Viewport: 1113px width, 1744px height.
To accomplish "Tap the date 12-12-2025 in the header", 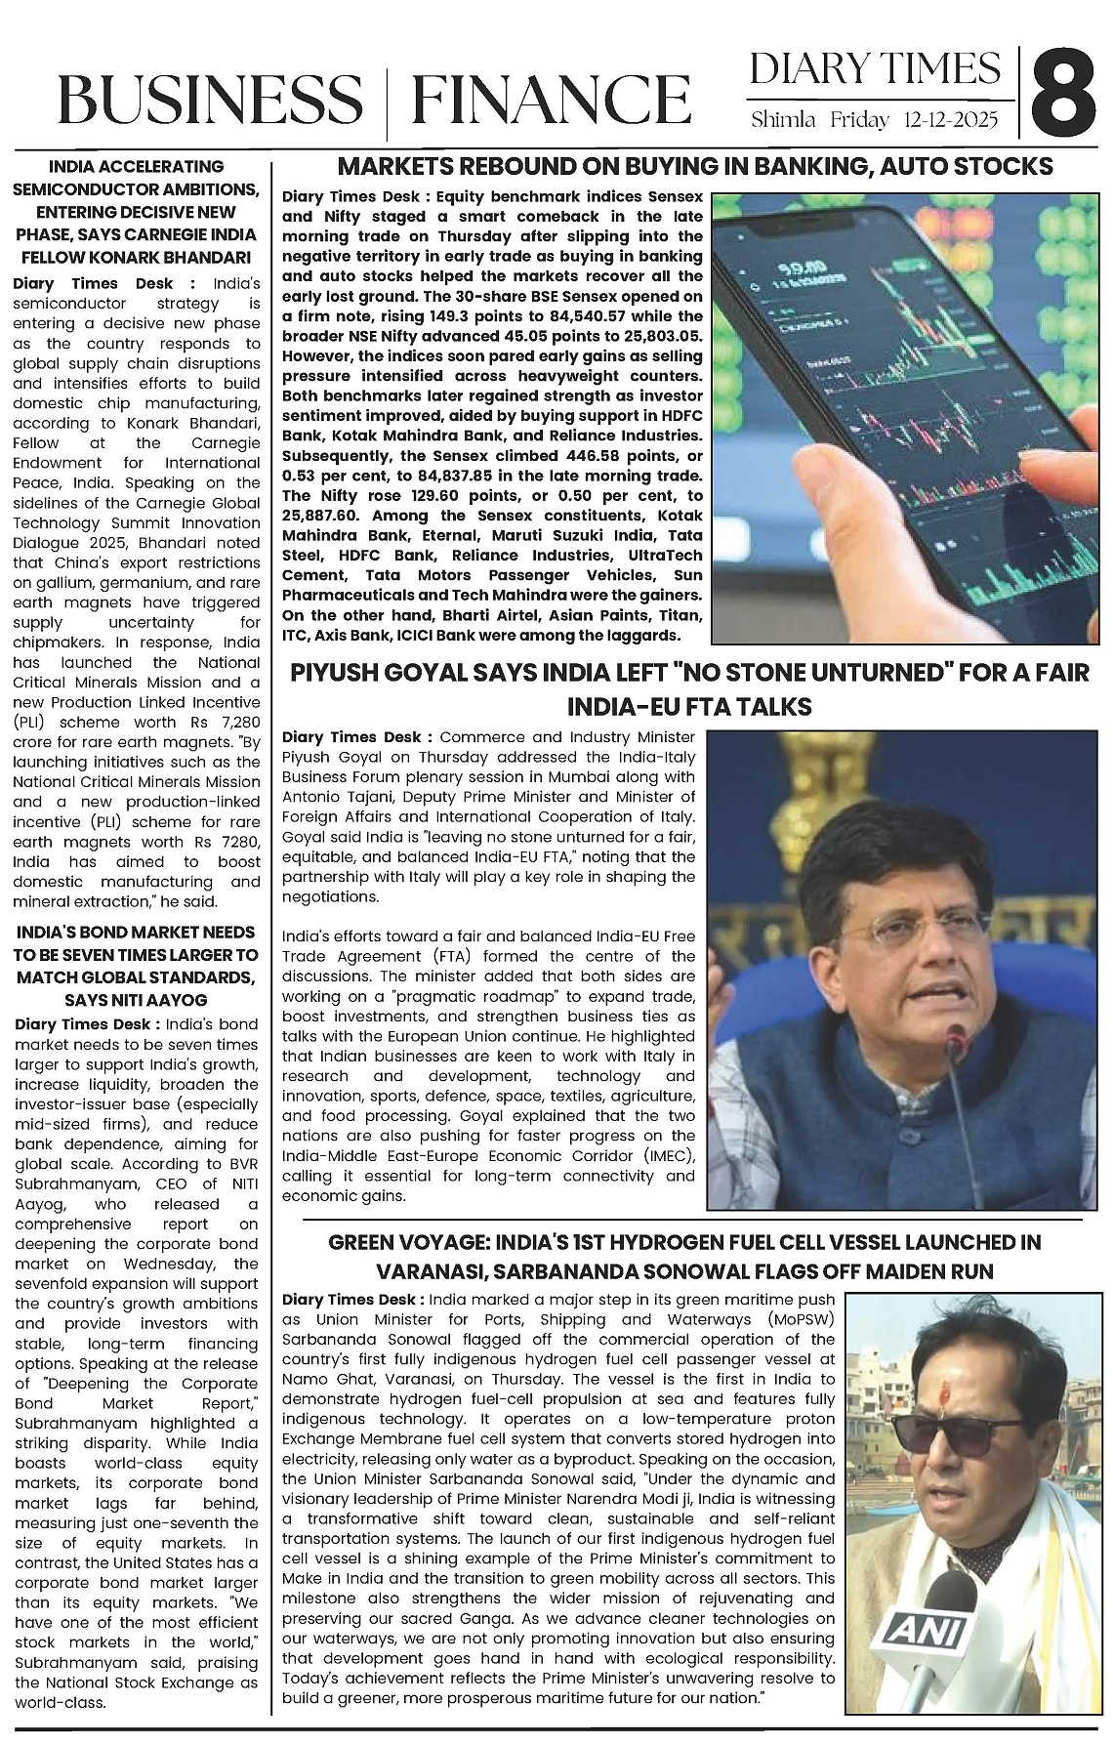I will click(x=951, y=121).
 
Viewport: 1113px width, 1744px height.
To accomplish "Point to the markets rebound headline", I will click(x=694, y=167).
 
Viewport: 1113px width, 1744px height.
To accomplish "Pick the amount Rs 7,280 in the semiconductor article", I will click(x=226, y=723).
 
